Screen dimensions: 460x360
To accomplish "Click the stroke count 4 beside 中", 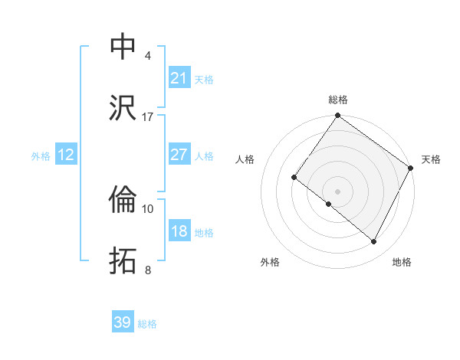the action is pos(148,56).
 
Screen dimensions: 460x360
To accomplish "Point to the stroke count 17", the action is pos(148,116).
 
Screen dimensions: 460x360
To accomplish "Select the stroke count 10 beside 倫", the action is pos(148,208).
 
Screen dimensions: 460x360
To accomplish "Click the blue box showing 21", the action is pos(179,78).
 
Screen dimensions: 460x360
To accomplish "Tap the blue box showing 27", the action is pos(179,155).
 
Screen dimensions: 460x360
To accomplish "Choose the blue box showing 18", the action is pos(179,231).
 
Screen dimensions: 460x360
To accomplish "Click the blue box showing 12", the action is pos(66,155).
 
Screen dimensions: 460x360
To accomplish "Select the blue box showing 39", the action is pos(123,322).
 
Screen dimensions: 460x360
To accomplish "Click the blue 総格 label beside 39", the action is pos(148,324).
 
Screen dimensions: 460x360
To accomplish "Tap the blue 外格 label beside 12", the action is pos(41,155).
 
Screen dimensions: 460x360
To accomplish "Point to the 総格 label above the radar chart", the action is pos(338,100).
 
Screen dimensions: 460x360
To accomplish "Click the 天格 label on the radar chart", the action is pos(431,159).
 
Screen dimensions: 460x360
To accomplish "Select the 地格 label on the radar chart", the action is pos(402,262).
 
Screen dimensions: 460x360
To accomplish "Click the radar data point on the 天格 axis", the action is pos(410,168).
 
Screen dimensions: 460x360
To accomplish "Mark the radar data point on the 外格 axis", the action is pos(329,204).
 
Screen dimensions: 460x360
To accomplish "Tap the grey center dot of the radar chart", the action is pos(337,191).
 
